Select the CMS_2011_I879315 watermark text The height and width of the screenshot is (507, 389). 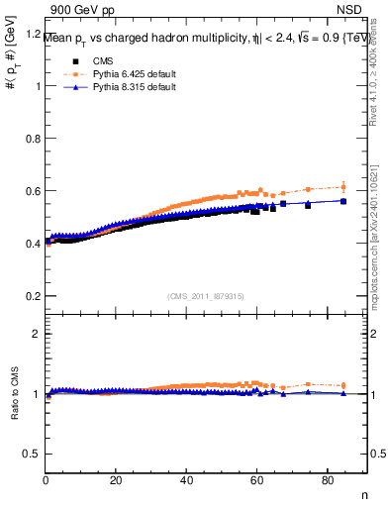207,296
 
